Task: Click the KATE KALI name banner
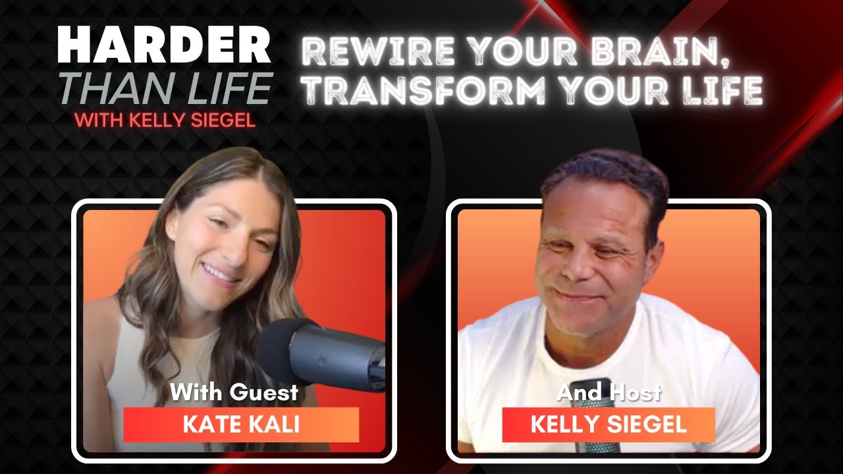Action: coord(241,425)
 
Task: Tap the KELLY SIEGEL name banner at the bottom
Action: coord(609,425)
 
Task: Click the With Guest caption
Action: coord(234,393)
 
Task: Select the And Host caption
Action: coord(609,393)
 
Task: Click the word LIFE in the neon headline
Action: coord(724,90)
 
